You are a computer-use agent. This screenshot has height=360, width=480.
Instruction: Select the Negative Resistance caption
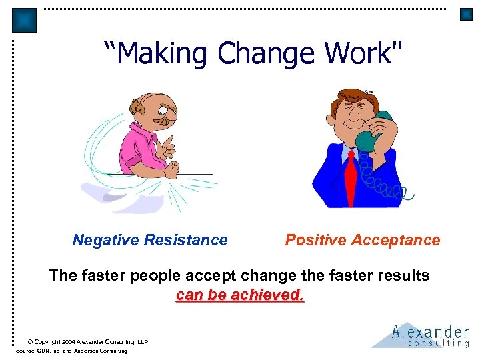(150, 240)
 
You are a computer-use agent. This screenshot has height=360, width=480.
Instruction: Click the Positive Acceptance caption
(363, 240)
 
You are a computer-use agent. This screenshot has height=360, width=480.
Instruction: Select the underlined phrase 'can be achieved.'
(240, 295)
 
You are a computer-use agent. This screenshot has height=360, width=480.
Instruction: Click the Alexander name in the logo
(431, 331)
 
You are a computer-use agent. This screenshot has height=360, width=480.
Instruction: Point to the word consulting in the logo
(439, 343)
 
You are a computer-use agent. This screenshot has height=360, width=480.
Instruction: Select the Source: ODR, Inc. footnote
(72, 351)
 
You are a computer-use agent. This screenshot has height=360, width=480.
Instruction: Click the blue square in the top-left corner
(25, 21)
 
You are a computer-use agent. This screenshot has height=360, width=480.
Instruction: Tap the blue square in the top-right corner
(466, 15)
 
